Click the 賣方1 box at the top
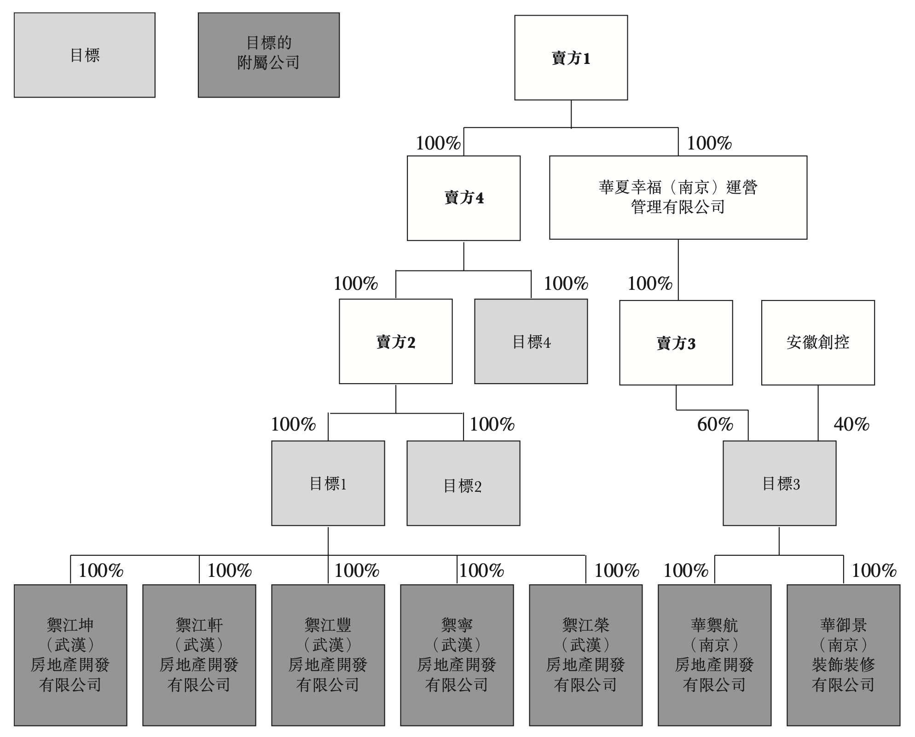point(571,58)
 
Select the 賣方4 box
point(463,198)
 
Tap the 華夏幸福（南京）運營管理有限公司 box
point(678,197)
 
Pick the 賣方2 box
point(396,341)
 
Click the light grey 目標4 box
point(531,341)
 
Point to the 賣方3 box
point(676,343)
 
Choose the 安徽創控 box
point(818,343)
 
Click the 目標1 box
point(328,483)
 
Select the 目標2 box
point(463,483)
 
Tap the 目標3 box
point(780,483)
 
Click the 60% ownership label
point(715,424)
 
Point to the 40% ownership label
point(851,424)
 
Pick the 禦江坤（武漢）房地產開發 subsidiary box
point(70,655)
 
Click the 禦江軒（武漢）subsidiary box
point(199,655)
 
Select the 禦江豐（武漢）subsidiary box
point(328,655)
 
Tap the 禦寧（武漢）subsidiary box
point(457,655)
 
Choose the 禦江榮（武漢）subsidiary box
point(586,655)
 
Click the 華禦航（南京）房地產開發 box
point(715,655)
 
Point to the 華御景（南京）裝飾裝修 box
point(844,655)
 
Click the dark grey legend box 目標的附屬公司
point(269,55)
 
